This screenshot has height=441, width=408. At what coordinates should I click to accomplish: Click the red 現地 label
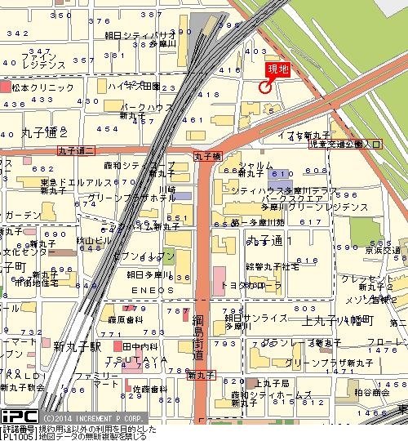click(278, 69)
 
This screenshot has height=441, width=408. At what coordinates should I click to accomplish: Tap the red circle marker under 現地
click(264, 87)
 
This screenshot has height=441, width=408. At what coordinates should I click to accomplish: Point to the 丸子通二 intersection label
click(78, 150)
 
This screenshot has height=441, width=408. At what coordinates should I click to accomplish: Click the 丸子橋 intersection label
click(207, 155)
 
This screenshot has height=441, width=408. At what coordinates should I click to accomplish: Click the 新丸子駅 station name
click(76, 346)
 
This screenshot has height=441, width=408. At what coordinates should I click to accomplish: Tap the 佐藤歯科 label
click(150, 389)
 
